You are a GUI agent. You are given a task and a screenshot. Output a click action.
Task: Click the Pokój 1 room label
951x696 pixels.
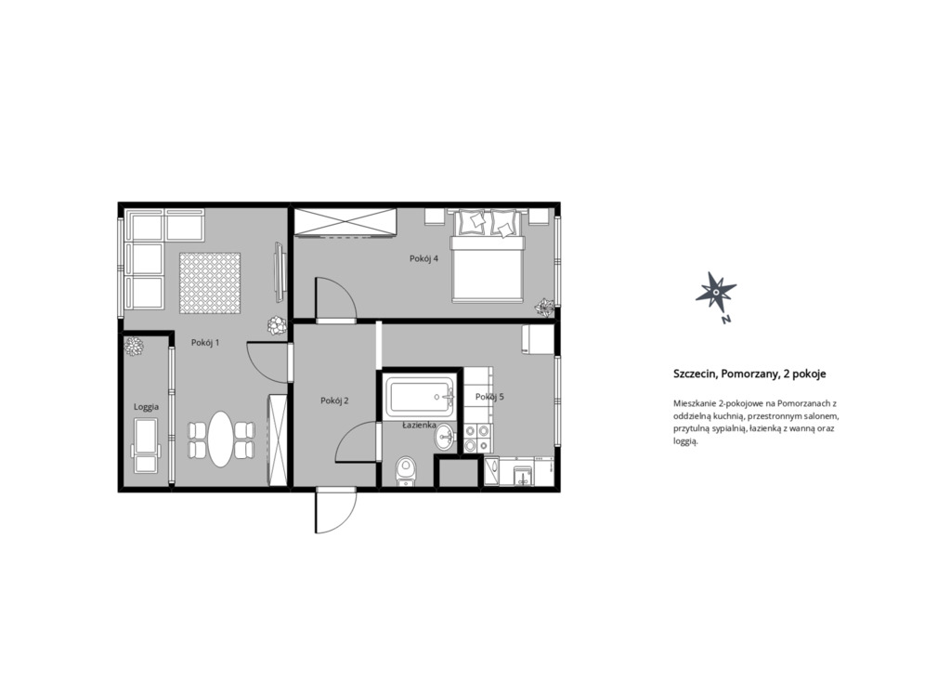205,342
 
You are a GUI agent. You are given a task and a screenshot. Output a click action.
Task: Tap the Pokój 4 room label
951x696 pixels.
423,258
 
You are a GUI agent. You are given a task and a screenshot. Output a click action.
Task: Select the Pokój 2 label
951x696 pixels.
334,401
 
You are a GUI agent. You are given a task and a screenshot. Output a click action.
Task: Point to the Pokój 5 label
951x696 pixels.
489,397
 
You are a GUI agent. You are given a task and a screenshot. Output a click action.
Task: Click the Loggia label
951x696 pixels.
146,407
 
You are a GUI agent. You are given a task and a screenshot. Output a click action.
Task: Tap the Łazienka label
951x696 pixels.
420,426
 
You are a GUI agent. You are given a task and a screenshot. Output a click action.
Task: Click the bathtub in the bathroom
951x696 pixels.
420,398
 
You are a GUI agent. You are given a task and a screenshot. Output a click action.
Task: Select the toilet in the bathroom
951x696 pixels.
406,471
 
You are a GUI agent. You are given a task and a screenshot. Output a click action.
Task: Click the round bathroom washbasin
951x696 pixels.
445,436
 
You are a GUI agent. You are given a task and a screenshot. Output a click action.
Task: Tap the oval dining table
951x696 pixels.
221,439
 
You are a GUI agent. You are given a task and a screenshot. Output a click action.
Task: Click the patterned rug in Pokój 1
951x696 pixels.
210,283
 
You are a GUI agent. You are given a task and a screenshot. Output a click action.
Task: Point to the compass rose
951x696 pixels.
716,293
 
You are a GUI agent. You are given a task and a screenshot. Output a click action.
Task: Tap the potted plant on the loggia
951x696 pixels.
134,347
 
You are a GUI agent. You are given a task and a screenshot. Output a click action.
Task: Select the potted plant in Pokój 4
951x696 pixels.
544,308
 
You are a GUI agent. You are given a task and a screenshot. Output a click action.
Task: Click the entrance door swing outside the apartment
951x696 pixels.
334,511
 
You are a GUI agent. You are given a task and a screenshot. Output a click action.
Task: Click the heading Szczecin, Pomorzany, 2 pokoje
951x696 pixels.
749,374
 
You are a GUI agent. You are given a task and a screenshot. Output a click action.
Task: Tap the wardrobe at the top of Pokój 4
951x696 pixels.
345,221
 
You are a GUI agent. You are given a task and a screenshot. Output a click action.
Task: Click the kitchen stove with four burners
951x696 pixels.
476,438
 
